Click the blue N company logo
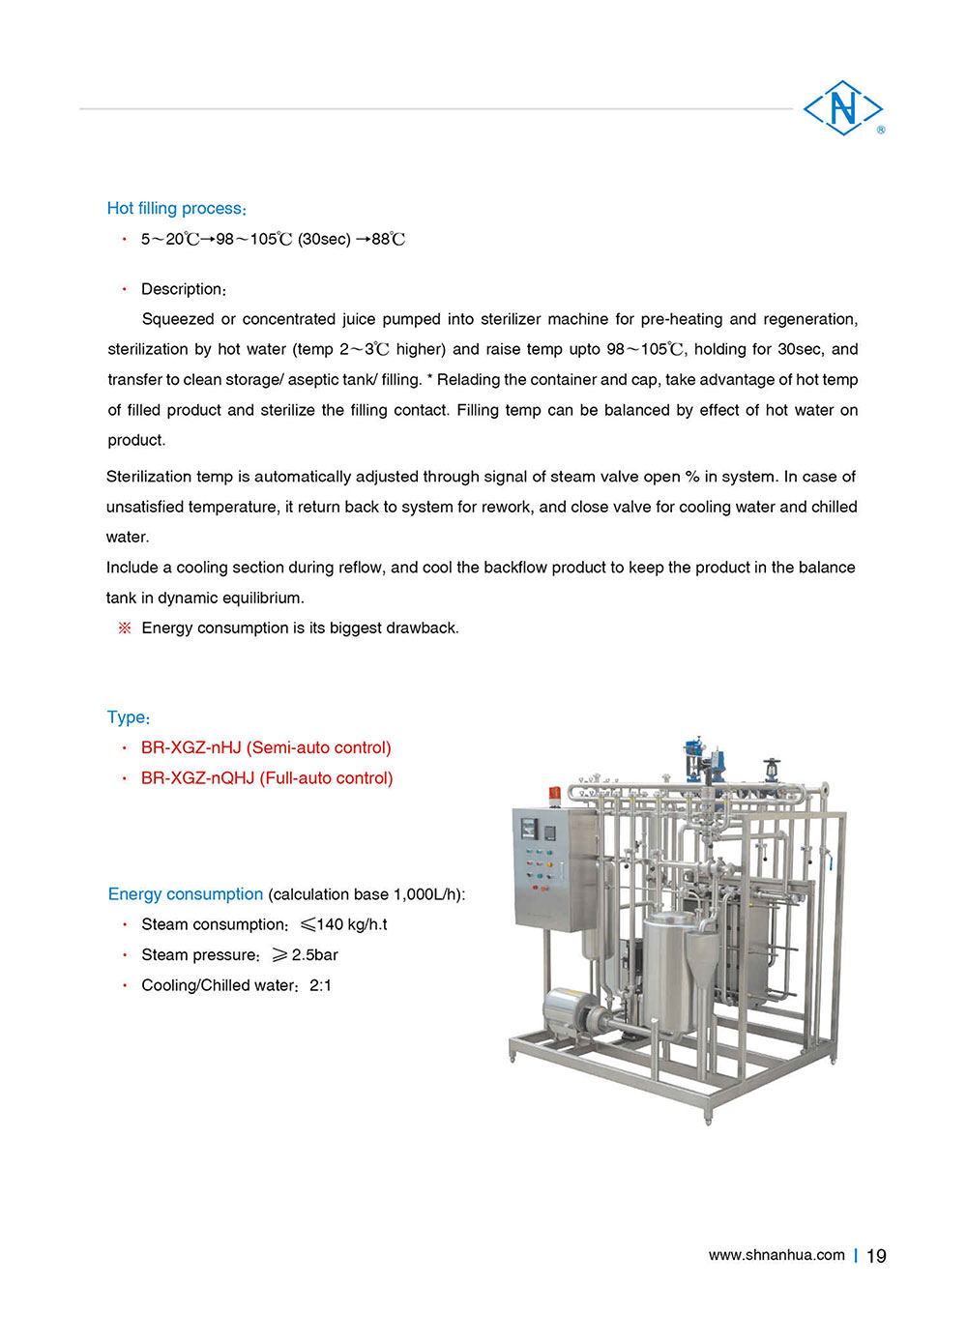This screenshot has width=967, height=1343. tap(843, 107)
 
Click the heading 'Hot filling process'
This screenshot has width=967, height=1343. tap(176, 208)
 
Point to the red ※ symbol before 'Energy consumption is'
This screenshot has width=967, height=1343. tap(124, 628)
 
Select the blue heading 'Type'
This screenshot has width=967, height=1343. tap(127, 717)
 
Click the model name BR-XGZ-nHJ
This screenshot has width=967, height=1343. tap(191, 747)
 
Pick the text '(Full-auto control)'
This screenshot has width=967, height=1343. tap(326, 778)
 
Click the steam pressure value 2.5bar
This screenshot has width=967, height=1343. tap(314, 955)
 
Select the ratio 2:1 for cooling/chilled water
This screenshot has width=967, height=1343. tap(320, 985)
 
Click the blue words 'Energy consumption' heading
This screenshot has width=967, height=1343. tap(186, 894)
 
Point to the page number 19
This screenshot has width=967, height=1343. tap(876, 1256)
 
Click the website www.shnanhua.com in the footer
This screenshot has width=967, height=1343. tap(777, 1255)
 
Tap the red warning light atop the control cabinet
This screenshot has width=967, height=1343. tap(554, 795)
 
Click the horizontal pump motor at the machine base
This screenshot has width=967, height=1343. tap(571, 1009)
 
